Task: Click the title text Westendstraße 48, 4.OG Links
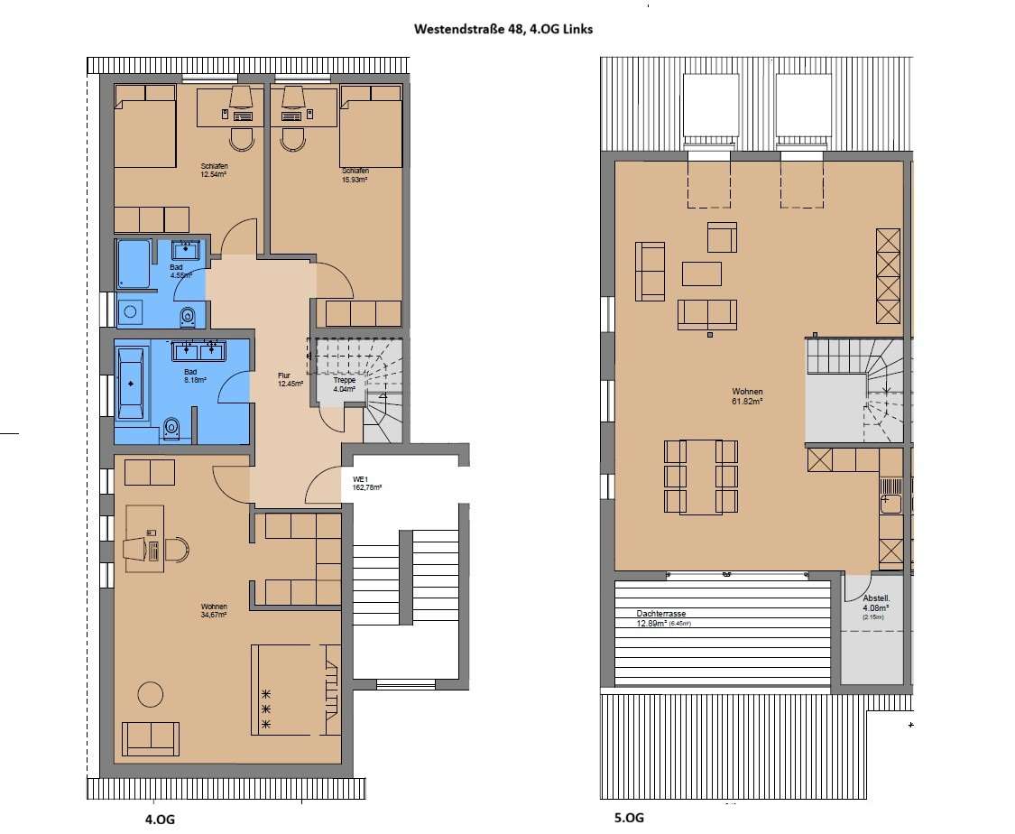pos(503,29)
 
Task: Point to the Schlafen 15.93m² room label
pos(355,175)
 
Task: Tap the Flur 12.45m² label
pos(289,382)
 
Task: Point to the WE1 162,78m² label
pos(368,483)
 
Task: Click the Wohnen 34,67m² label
pos(214,611)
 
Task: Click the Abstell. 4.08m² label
pos(875,603)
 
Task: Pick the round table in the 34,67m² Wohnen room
pos(150,695)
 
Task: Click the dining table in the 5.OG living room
pos(701,477)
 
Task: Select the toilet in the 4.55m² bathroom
pos(188,316)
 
